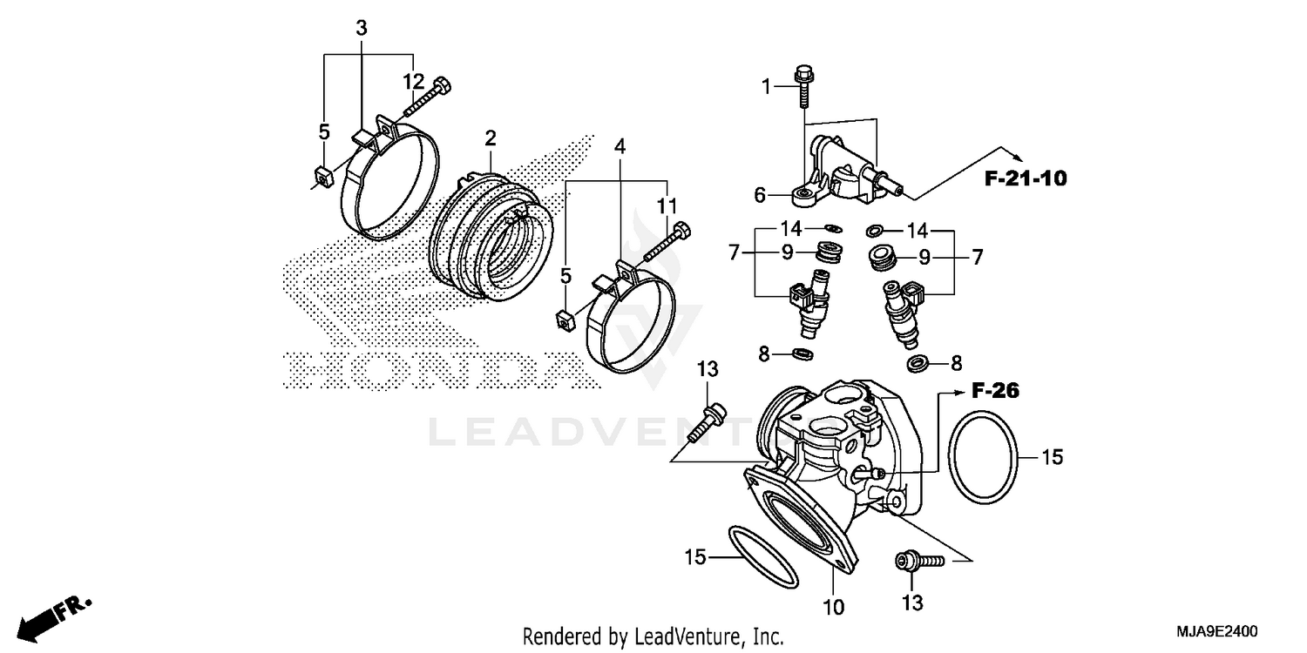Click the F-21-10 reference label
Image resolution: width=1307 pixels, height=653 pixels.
point(1026,178)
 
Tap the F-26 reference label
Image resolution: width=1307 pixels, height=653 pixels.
point(995,391)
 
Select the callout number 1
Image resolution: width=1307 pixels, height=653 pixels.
point(766,86)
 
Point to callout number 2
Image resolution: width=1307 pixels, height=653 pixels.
point(491,138)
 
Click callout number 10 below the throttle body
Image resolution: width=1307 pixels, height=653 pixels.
point(834,607)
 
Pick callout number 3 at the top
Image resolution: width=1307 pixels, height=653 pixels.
point(362,28)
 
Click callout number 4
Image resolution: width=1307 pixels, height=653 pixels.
point(620,146)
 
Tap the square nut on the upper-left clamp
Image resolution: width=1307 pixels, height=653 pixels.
point(322,178)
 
